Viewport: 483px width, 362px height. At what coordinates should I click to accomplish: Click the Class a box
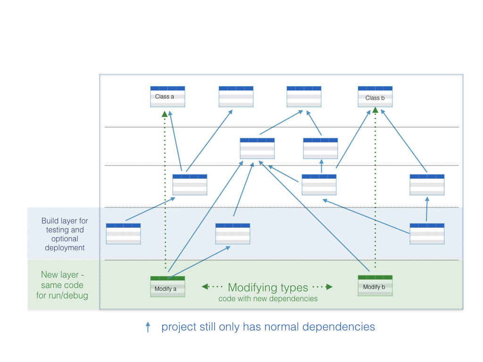(x=167, y=97)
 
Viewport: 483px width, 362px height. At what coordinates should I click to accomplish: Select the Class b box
(x=375, y=97)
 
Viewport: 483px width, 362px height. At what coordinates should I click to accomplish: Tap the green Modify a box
(x=167, y=287)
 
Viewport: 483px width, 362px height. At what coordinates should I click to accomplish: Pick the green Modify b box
(x=375, y=286)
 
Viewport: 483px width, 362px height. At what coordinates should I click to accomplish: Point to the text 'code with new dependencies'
(x=268, y=298)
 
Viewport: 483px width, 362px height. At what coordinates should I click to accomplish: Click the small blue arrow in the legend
(x=148, y=327)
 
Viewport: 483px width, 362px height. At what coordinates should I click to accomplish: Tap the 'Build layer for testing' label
(x=65, y=234)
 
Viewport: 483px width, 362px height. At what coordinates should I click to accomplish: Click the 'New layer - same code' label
(x=62, y=285)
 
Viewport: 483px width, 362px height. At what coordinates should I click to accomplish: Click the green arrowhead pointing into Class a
(x=165, y=114)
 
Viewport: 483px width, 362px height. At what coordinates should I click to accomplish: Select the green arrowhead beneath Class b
(x=375, y=110)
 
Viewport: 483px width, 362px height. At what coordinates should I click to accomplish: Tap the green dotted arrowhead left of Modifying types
(x=205, y=287)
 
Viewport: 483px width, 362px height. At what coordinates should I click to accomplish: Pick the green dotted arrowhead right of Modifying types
(x=329, y=287)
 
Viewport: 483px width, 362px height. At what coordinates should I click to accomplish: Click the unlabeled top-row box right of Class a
(x=236, y=97)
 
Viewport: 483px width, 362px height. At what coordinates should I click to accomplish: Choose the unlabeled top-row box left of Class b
(x=304, y=97)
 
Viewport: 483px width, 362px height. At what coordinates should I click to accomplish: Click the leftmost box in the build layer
(x=123, y=234)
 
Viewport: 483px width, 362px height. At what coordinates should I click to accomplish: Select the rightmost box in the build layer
(x=427, y=234)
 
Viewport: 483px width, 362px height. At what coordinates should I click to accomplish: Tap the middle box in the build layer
(x=233, y=234)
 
